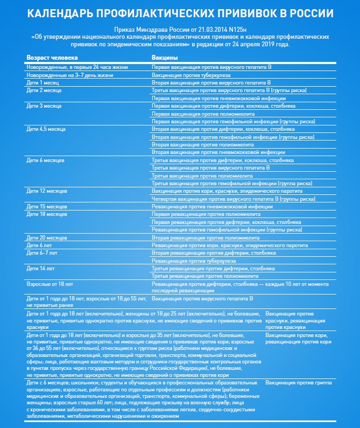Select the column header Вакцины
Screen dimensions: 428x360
point(165,57)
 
